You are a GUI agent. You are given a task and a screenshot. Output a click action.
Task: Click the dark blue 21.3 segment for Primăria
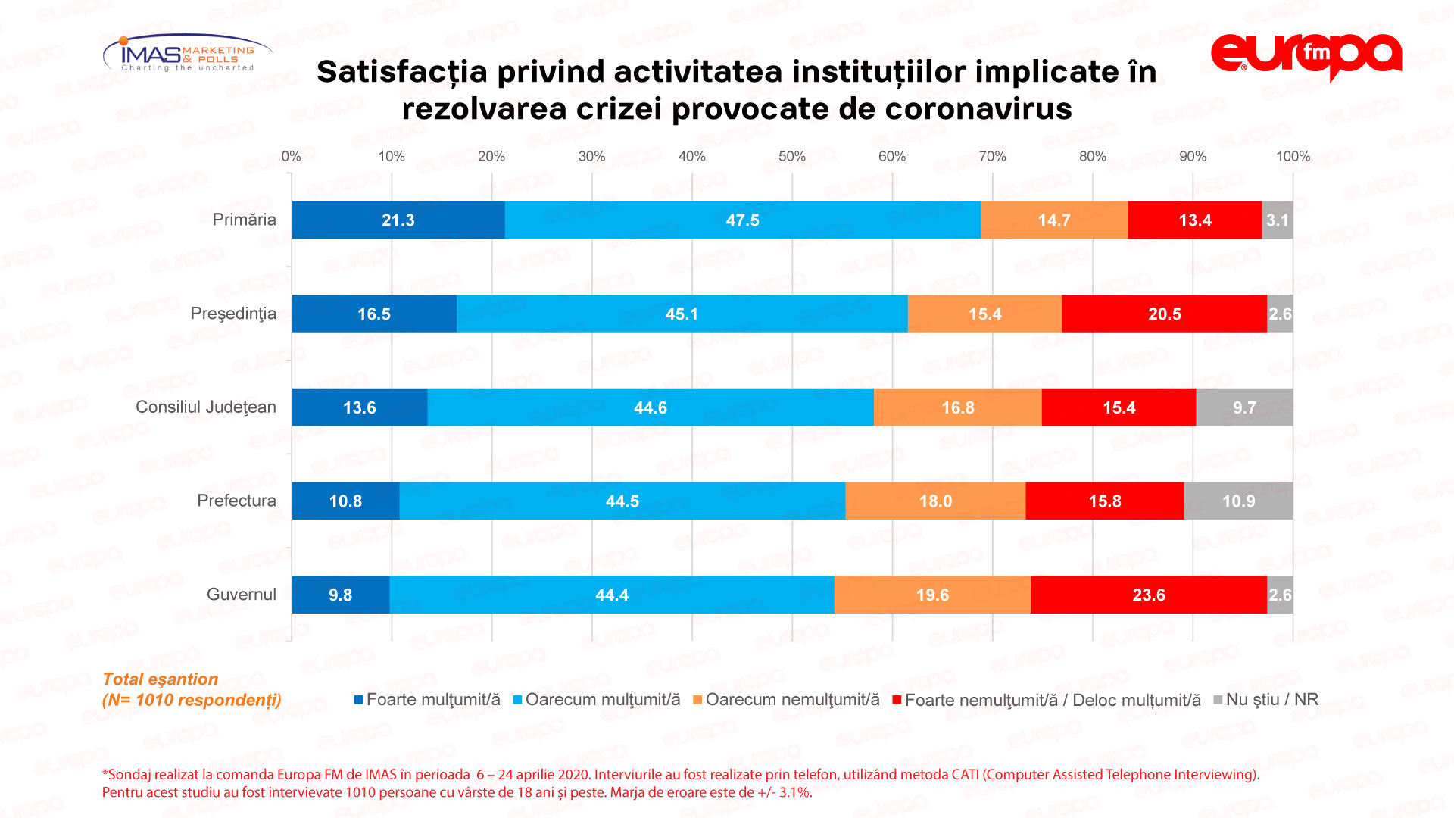pos(398,220)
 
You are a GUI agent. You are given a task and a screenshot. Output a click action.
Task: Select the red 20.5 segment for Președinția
pos(1164,314)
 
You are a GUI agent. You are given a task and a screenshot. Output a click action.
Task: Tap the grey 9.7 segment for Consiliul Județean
pos(1244,407)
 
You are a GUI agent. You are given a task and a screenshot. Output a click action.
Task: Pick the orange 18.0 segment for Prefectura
pos(935,501)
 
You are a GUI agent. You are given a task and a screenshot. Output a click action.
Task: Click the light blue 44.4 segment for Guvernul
pos(612,595)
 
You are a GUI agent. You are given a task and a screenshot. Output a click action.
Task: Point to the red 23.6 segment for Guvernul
pos(1148,595)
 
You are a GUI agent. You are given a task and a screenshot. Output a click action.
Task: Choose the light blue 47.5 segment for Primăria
pos(742,220)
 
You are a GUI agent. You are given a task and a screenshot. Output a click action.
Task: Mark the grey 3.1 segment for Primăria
pos(1278,220)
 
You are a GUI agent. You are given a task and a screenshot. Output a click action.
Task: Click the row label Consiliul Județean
pos(206,407)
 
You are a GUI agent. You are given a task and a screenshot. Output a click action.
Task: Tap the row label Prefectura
pos(236,501)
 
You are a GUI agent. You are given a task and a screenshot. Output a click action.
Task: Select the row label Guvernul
pos(242,595)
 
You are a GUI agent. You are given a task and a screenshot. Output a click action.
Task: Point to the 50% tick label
pos(792,157)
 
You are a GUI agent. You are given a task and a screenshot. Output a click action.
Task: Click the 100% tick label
pos(1293,157)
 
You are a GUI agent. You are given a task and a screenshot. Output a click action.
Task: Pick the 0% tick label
pos(292,157)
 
